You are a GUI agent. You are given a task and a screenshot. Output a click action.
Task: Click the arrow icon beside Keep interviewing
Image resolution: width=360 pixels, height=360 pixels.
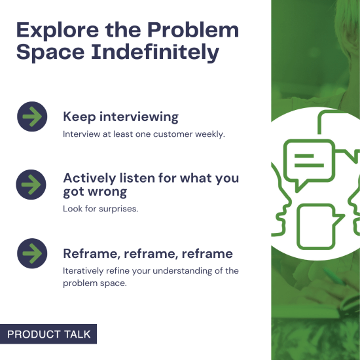tap(31, 117)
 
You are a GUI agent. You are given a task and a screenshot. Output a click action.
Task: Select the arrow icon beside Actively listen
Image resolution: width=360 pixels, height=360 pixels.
tap(31, 185)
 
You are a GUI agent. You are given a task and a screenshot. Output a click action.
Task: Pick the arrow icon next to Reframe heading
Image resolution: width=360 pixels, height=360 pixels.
tap(31, 253)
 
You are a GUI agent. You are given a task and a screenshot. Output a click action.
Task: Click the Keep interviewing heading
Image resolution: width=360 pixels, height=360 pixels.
tap(120, 117)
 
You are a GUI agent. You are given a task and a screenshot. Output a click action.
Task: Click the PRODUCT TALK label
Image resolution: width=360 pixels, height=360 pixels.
tap(49, 334)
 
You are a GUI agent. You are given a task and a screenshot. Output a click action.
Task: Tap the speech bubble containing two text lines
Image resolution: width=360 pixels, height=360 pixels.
tap(308, 161)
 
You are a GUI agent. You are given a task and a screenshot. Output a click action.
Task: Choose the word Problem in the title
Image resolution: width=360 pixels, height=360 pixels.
tap(192, 29)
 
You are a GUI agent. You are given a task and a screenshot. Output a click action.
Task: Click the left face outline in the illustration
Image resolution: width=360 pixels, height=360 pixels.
tap(279, 196)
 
